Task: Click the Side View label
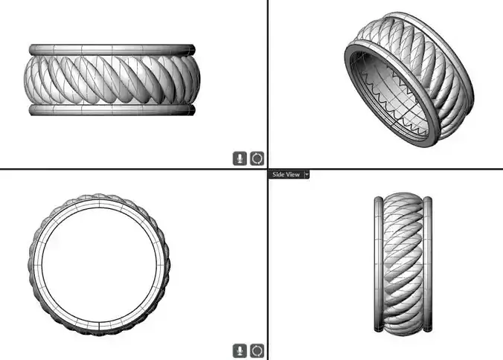tap(286, 174)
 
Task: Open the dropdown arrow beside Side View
tap(307, 174)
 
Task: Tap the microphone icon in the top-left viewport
tap(240, 158)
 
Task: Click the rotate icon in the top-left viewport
tap(257, 158)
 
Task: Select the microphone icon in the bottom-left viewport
tap(240, 350)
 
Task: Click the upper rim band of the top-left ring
tap(112, 49)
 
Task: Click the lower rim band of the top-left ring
tap(112, 109)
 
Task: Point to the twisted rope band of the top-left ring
tap(112, 80)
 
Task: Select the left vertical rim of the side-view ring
tap(377, 266)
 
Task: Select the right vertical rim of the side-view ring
tap(429, 266)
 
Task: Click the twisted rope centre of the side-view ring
tap(403, 266)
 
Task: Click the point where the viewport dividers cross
tap(267, 170)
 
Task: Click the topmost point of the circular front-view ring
tap(99, 197)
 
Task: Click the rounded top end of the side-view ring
tap(403, 196)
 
